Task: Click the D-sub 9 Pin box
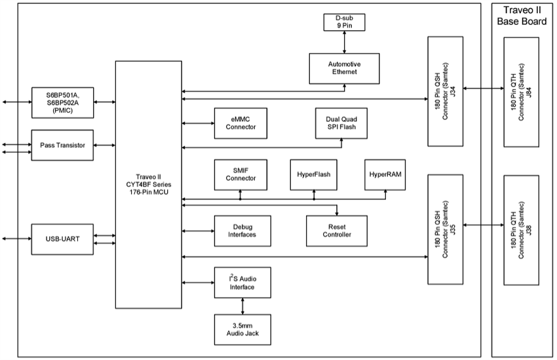coord(344,22)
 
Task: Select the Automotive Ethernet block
coord(344,68)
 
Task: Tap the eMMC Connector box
coord(240,123)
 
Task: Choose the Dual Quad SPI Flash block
coord(341,123)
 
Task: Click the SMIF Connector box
coord(240,174)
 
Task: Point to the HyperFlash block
coord(314,174)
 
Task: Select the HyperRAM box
coord(385,174)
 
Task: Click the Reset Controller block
coord(337,230)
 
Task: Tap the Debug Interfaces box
coord(240,230)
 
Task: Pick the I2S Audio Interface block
coord(242,283)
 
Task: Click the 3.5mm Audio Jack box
coord(242,330)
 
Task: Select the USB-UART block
coord(63,239)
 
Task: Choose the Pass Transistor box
coord(63,145)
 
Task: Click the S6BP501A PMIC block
coord(63,102)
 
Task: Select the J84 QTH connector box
coord(521,92)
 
